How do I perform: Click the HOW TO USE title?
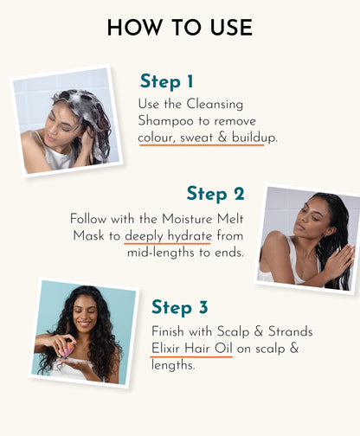179,28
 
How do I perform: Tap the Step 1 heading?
167,82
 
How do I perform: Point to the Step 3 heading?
180,307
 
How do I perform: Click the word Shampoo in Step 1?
167,121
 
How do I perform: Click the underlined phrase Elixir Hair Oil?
191,349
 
